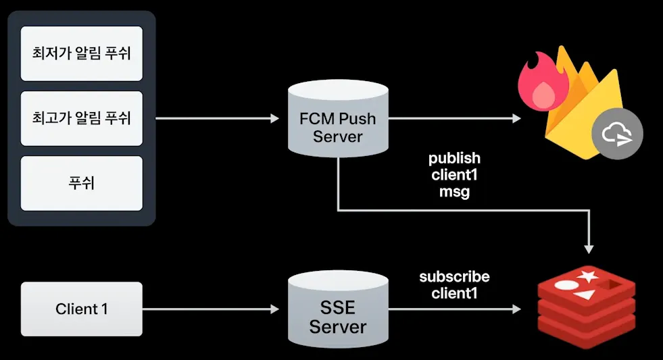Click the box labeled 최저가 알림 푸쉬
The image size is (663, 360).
[x=82, y=53]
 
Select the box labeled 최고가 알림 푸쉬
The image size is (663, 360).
[x=82, y=118]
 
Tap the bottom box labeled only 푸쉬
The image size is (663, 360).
[x=82, y=183]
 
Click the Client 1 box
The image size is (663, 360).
[x=82, y=309]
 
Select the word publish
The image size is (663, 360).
[x=454, y=158]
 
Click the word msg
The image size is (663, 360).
[x=454, y=191]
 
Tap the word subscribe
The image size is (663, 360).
[x=454, y=277]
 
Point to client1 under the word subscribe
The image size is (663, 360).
[x=454, y=293]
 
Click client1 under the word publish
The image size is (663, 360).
[x=454, y=175]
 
